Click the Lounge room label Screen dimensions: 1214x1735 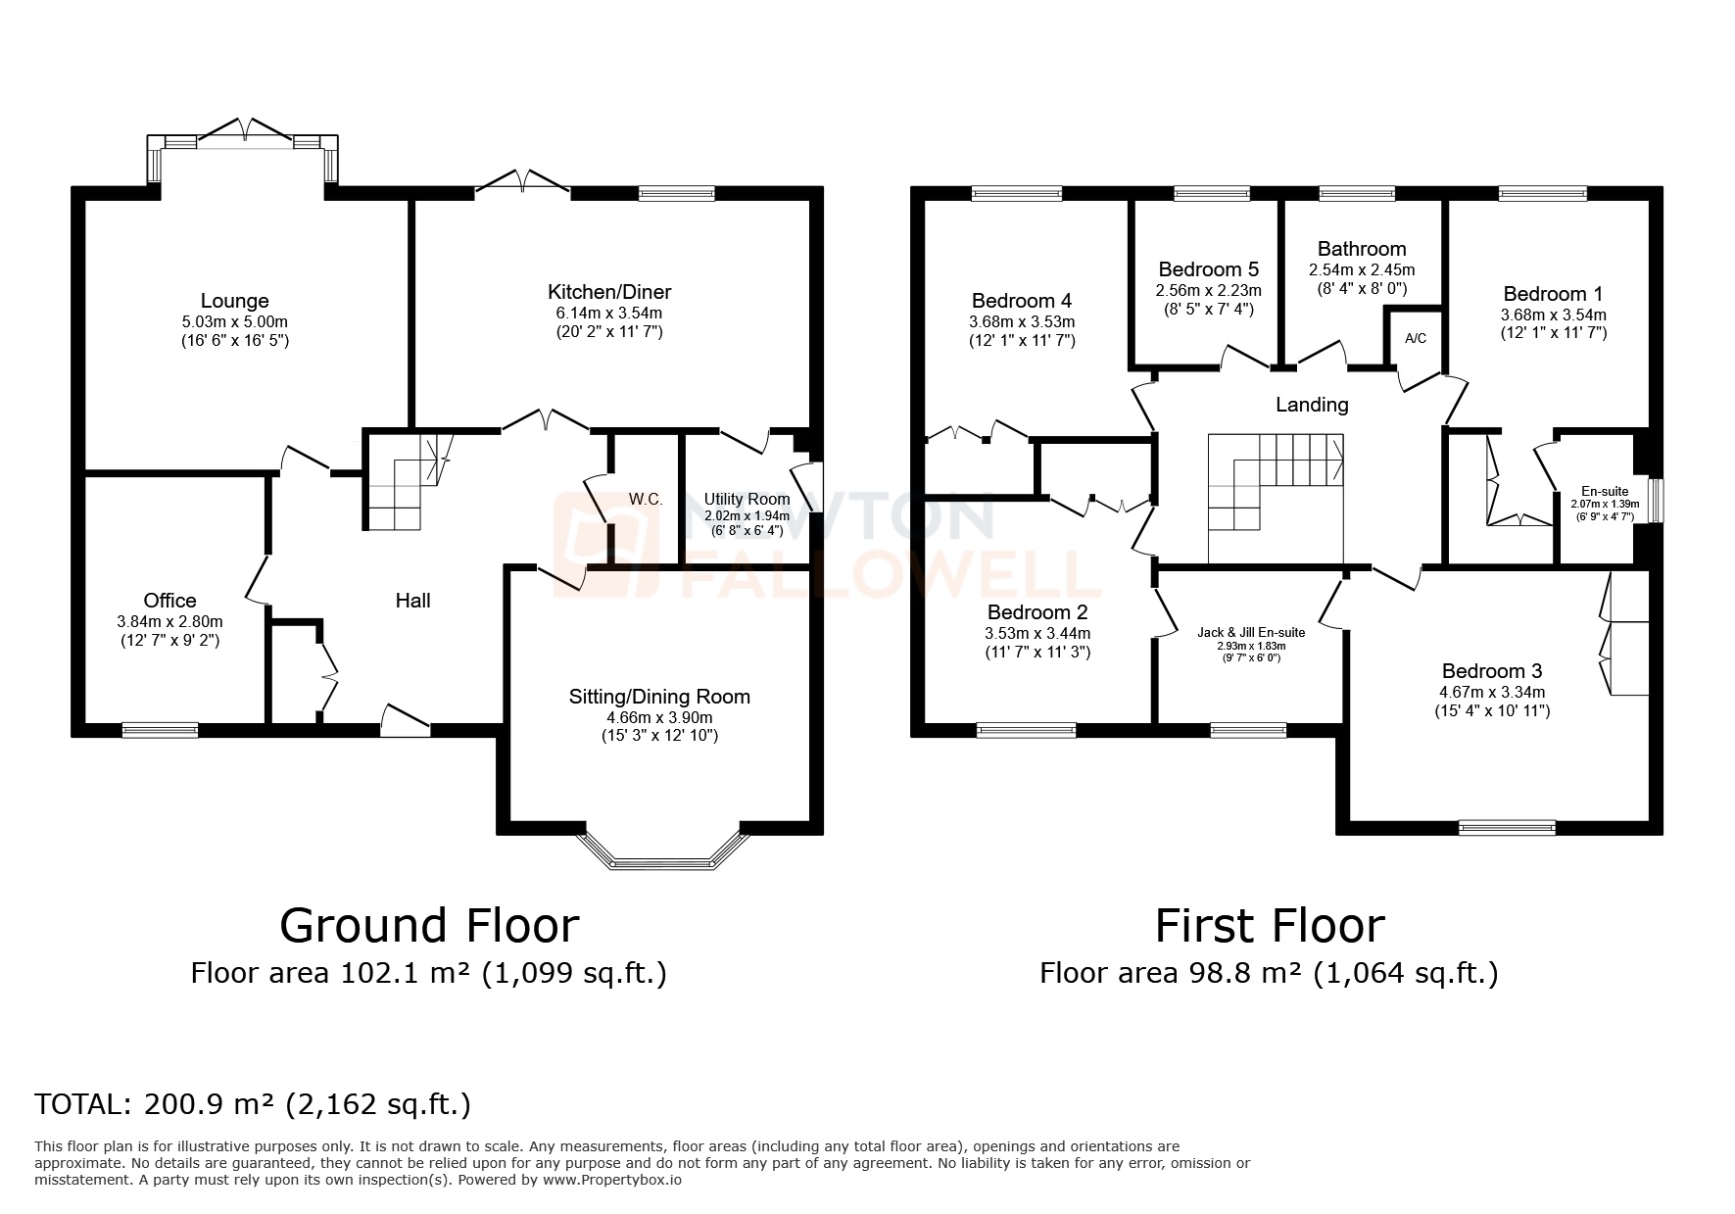click(234, 301)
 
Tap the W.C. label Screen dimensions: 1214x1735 click(646, 499)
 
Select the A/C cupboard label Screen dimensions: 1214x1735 click(1416, 339)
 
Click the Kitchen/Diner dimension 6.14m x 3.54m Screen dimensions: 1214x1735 click(608, 313)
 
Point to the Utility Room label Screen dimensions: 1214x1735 click(747, 500)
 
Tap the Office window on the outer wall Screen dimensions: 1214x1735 click(160, 729)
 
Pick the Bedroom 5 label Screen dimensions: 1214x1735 click(1208, 269)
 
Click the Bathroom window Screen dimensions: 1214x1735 click(1356, 193)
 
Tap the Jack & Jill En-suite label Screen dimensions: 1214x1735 click(1251, 632)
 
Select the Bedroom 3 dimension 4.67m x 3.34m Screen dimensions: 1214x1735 click(1491, 692)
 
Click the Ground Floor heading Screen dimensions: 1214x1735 click(429, 925)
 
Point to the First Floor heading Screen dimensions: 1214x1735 click(1270, 925)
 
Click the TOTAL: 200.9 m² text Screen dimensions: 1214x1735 click(253, 1104)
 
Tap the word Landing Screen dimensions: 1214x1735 click(1312, 405)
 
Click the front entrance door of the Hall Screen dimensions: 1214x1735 click(406, 721)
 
